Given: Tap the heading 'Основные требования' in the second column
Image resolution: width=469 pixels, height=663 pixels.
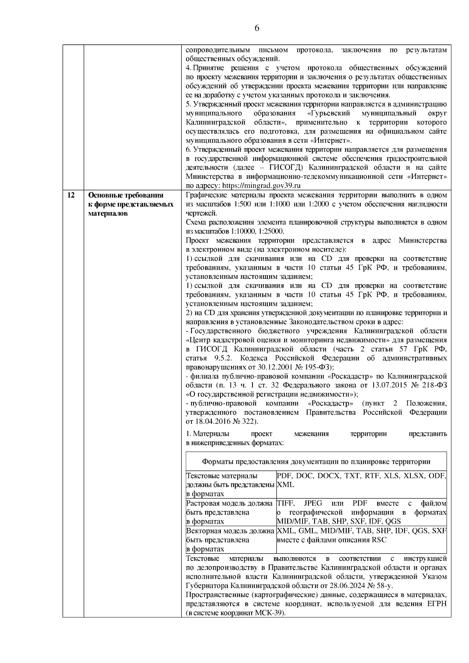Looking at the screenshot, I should pos(126,195).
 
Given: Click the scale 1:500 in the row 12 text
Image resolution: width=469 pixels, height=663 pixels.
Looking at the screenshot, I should pos(270,204).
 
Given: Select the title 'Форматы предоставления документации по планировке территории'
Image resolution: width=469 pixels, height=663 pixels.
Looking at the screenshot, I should pos(316,462).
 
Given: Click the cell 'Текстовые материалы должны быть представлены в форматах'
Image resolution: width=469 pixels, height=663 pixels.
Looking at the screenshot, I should pos(231,485).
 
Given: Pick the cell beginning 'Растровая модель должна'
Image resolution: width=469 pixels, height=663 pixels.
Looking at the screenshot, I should pos(231,512).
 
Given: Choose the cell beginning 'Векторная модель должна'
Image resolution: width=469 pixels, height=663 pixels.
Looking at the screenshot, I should pos(231,540).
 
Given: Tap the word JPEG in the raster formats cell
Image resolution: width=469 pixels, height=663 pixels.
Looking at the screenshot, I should pos(313,503).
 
